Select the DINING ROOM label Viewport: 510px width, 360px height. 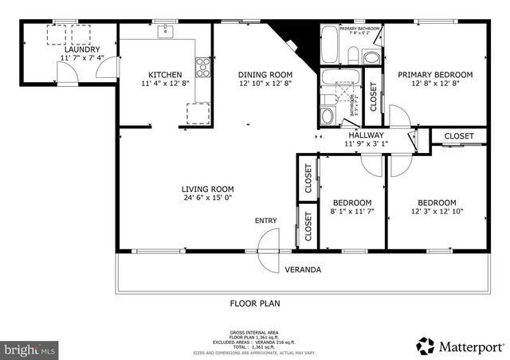(x=260, y=75)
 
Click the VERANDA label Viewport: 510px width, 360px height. (x=303, y=270)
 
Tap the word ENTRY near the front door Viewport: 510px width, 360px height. (x=266, y=221)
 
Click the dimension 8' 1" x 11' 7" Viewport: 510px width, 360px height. (x=351, y=212)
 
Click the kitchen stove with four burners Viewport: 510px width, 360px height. (x=202, y=65)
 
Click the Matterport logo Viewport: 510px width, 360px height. (x=460, y=346)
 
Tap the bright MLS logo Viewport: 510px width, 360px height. (x=29, y=349)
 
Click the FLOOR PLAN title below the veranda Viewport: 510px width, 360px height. (x=255, y=303)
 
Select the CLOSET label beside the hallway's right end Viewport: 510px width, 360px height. (x=459, y=136)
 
